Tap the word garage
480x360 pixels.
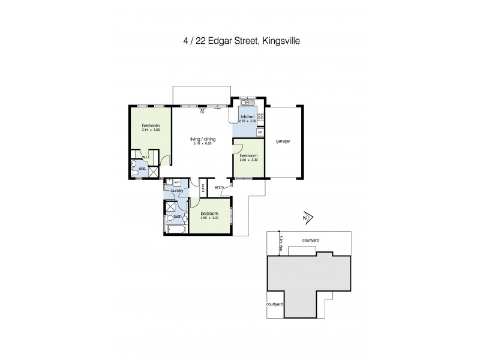[283, 142]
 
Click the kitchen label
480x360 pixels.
[248, 116]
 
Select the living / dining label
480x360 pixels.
[203, 139]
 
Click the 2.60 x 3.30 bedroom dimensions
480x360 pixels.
[247, 160]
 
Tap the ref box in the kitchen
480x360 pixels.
[260, 132]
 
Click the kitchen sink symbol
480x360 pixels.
[247, 102]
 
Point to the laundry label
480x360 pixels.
[176, 191]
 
